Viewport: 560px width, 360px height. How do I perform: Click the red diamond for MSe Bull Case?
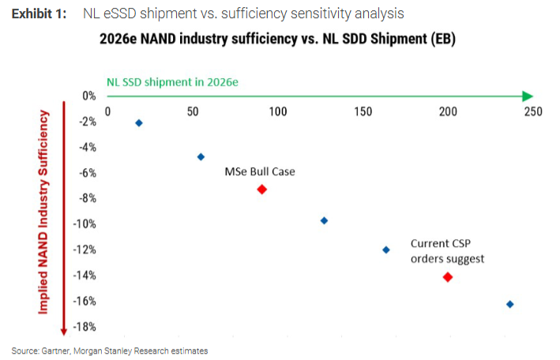click(x=262, y=189)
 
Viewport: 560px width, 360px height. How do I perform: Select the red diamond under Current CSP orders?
click(x=448, y=277)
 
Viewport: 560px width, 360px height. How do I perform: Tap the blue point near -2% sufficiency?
click(x=139, y=123)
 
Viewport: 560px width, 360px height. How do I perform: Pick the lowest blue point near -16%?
click(x=509, y=304)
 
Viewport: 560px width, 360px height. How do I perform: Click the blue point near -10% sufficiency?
click(x=324, y=220)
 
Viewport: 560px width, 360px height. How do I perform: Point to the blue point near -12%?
click(x=386, y=249)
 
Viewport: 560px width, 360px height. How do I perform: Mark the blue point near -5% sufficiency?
click(x=201, y=157)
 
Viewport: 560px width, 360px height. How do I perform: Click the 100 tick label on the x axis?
click(x=277, y=111)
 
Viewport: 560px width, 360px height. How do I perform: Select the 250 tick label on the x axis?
click(x=532, y=111)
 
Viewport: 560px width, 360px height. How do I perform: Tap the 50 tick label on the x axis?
click(x=193, y=111)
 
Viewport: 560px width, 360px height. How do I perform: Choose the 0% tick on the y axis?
click(x=88, y=96)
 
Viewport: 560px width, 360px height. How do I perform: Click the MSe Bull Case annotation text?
click(x=260, y=171)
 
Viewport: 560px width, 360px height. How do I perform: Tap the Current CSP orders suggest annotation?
click(x=447, y=251)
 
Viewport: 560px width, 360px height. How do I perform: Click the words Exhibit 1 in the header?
click(x=40, y=14)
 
